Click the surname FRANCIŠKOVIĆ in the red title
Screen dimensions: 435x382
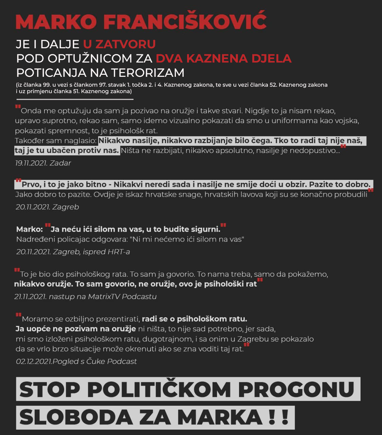tap(185, 22)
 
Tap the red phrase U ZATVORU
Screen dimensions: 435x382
tap(119, 44)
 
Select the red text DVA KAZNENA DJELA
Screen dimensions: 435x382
tap(223, 58)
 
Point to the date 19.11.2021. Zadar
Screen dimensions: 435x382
tap(43, 163)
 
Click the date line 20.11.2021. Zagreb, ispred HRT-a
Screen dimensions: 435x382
tap(73, 252)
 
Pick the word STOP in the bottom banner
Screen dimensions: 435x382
tap(50, 389)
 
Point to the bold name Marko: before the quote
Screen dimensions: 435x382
tap(30, 229)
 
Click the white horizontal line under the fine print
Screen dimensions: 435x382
tap(75, 99)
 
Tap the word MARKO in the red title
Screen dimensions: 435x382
tap(56, 22)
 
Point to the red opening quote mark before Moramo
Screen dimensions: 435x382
tap(18, 315)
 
